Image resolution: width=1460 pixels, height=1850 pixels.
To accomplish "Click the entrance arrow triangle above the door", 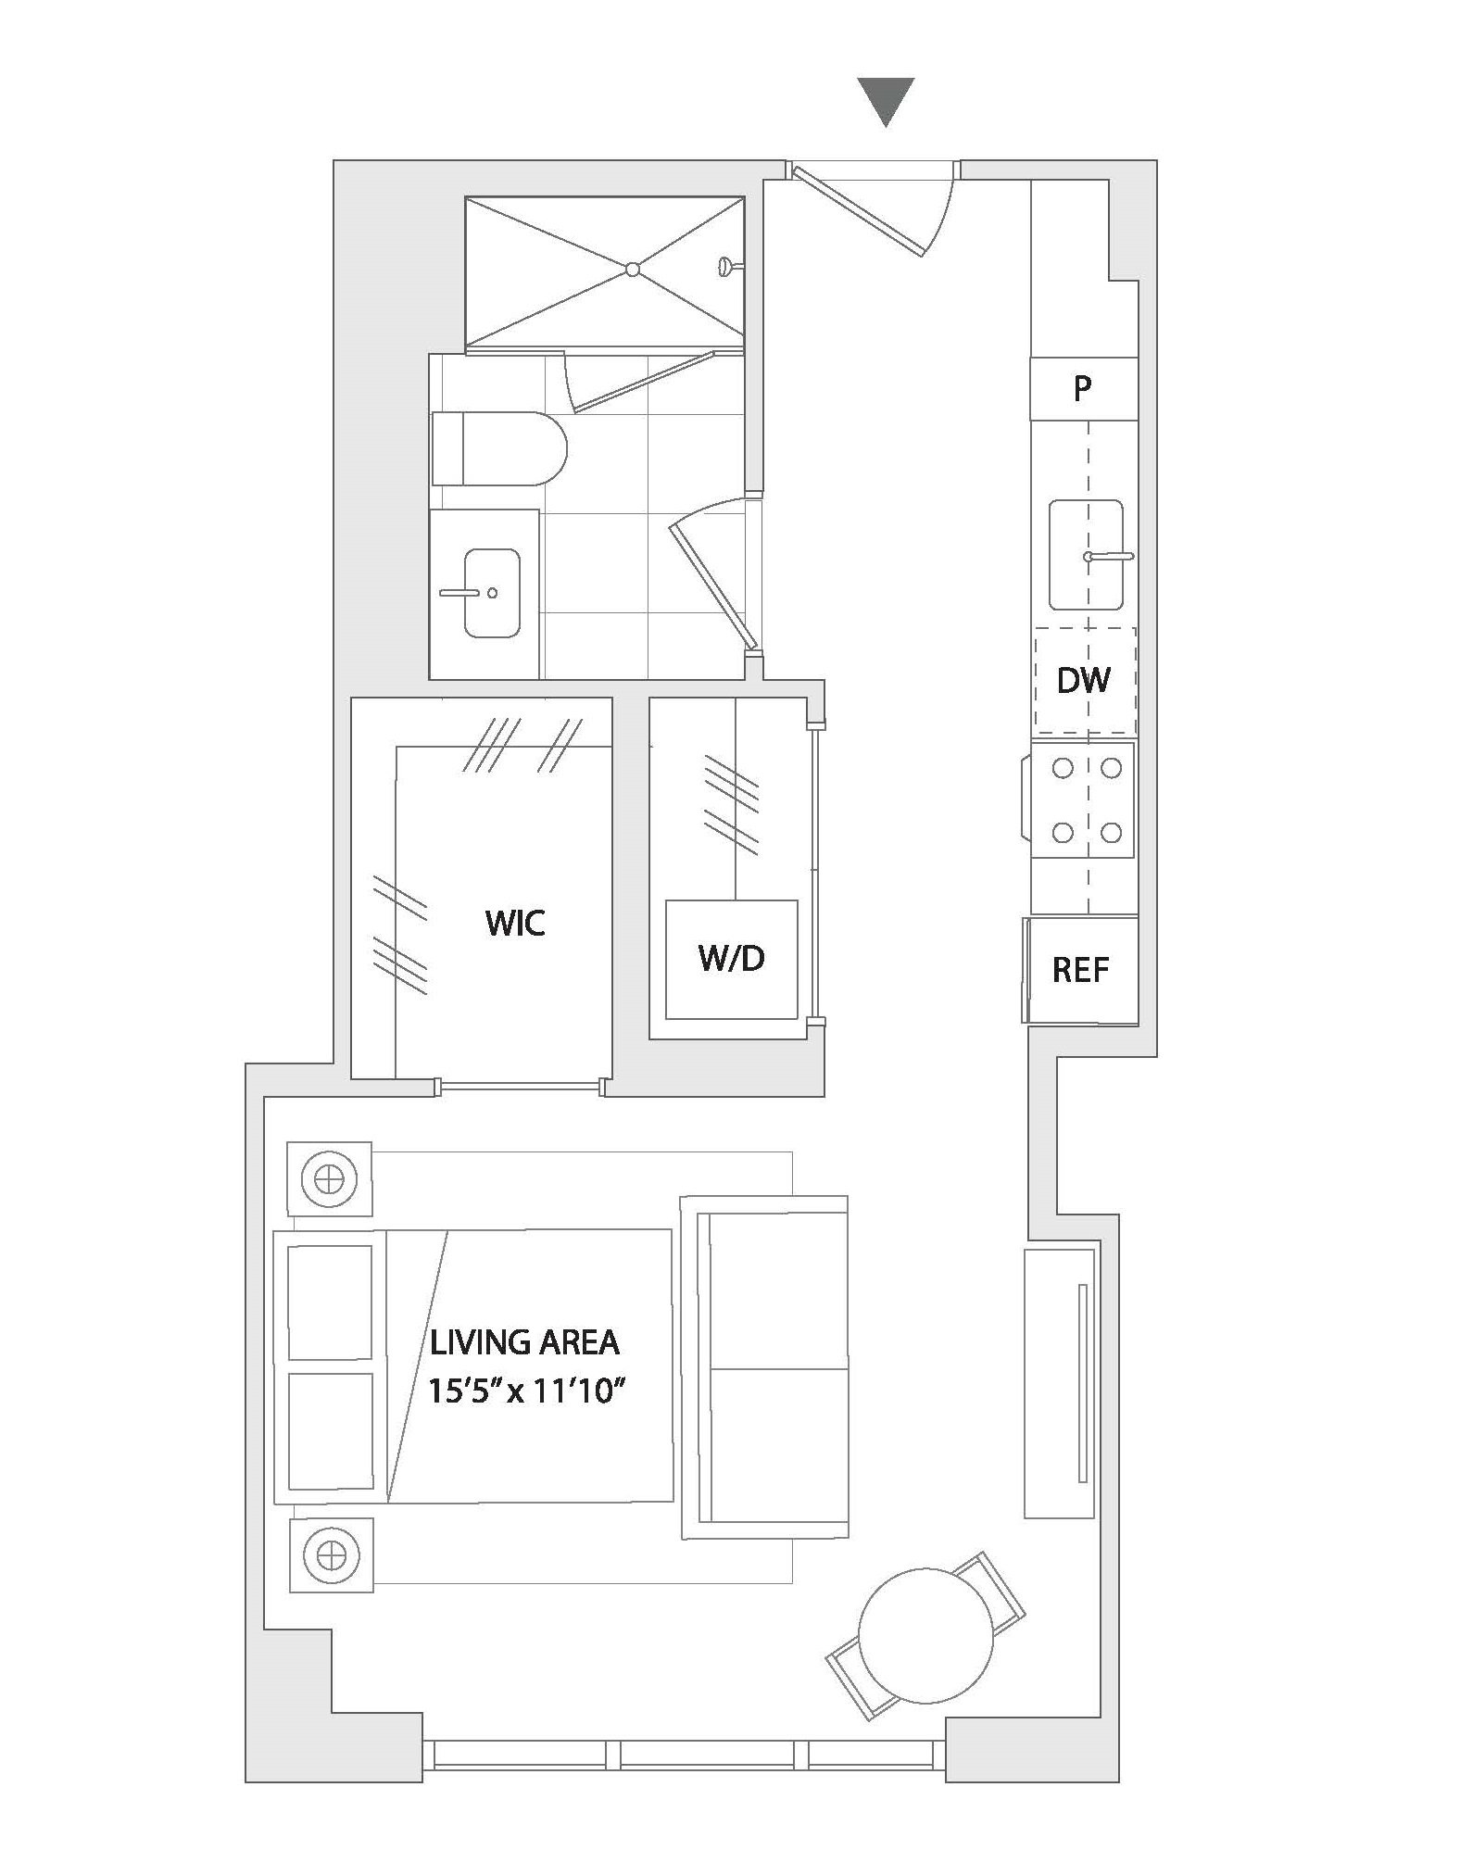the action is click(x=886, y=100).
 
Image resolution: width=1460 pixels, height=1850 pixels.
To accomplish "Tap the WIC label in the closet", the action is click(x=515, y=923).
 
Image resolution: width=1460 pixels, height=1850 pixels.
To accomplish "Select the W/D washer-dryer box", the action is click(x=732, y=959).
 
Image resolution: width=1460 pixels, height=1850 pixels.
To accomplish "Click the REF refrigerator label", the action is click(x=1080, y=970).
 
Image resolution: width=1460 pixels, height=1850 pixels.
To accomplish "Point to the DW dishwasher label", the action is click(x=1083, y=681).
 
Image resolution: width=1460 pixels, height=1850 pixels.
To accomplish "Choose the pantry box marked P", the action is click(x=1083, y=388).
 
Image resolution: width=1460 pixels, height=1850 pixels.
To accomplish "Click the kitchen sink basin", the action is click(x=1087, y=555).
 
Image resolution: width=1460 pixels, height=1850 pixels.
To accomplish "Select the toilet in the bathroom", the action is click(x=498, y=448).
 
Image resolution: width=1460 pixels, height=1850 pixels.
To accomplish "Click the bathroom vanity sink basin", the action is click(x=492, y=593).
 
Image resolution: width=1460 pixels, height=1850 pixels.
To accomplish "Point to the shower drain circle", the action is click(x=632, y=270).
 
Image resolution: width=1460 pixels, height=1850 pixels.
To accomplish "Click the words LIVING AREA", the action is click(x=524, y=1342).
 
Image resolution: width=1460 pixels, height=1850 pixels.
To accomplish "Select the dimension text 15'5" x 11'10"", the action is click(x=522, y=1391).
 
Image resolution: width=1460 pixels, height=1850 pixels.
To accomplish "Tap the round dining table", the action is click(x=925, y=1635).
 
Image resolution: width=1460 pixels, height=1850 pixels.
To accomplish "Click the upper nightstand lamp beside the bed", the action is click(x=329, y=1179).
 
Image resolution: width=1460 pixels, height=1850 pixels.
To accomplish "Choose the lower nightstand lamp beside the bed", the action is click(x=332, y=1554).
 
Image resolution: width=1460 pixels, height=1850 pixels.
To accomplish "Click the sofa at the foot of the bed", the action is click(x=765, y=1366).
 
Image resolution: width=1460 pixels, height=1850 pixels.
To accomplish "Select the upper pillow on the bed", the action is click(x=330, y=1302).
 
